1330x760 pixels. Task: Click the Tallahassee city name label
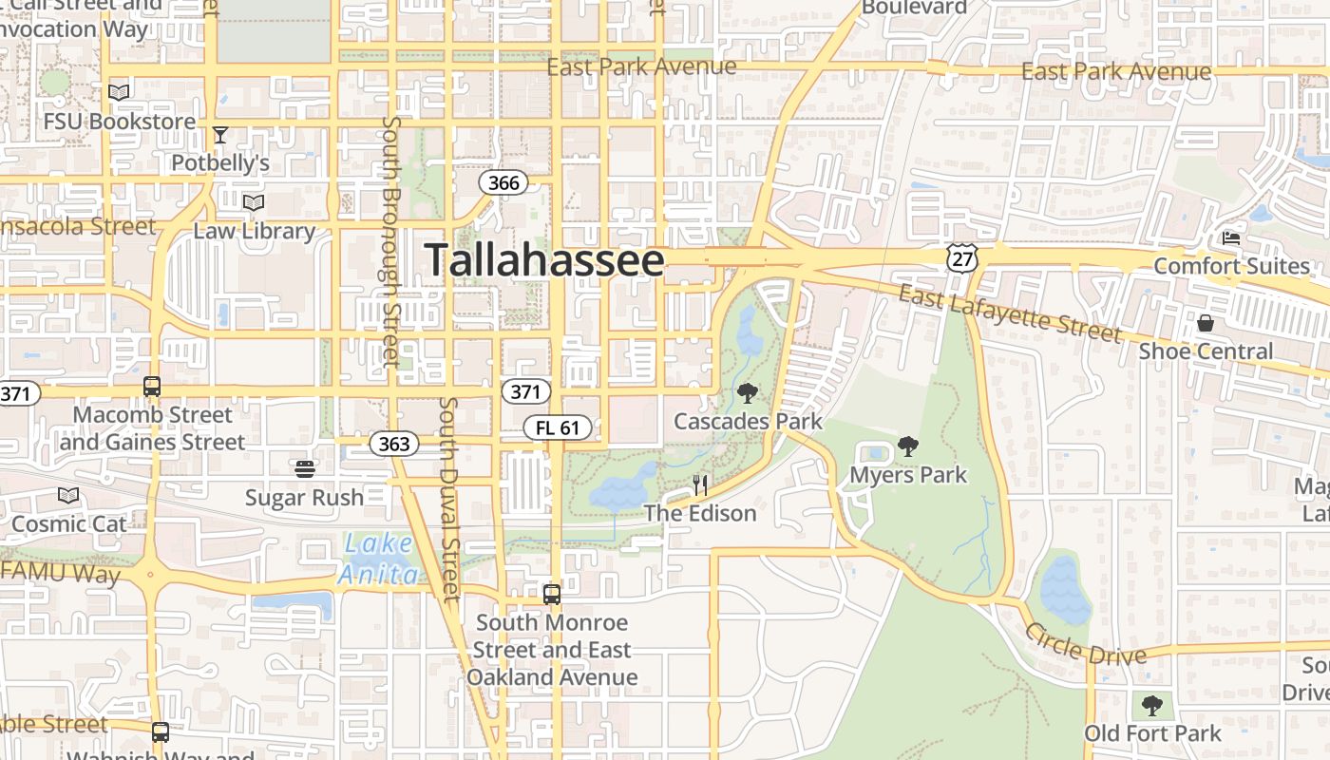tap(543, 260)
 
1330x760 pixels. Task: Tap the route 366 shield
tap(503, 182)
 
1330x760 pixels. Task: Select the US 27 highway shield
tap(961, 257)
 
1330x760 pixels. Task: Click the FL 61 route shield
tap(558, 427)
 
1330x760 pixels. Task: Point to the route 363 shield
tap(393, 444)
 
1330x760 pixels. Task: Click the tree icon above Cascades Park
tap(748, 392)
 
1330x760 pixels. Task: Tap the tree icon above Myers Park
tap(908, 446)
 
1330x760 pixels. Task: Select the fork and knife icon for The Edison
tap(700, 486)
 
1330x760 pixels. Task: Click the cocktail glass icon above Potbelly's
tap(220, 135)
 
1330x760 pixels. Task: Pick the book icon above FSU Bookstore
tap(119, 93)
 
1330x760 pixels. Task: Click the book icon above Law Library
tap(254, 203)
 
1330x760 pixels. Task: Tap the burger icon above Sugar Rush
tap(304, 468)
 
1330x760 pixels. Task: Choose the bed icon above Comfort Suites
tap(1231, 237)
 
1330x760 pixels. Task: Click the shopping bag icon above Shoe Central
tap(1206, 323)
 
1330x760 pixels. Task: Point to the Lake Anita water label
tap(379, 559)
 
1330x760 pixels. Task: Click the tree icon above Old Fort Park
tap(1152, 705)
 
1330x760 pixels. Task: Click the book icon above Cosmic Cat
tap(68, 495)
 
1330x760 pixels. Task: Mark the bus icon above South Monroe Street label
tap(552, 595)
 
